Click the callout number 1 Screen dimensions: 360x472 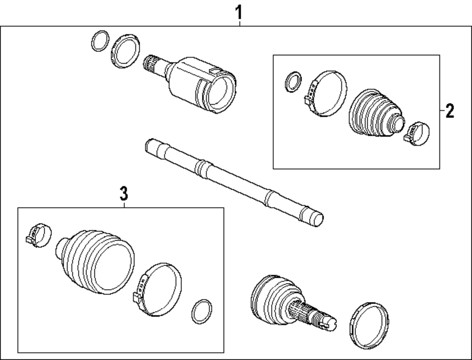tap(239, 10)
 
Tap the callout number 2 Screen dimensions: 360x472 tap(449, 111)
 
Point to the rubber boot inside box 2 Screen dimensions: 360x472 tap(375, 114)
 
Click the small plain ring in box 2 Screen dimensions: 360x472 tap(292, 81)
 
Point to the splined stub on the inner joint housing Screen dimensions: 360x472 tap(153, 64)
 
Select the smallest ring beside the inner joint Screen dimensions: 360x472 tap(99, 41)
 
